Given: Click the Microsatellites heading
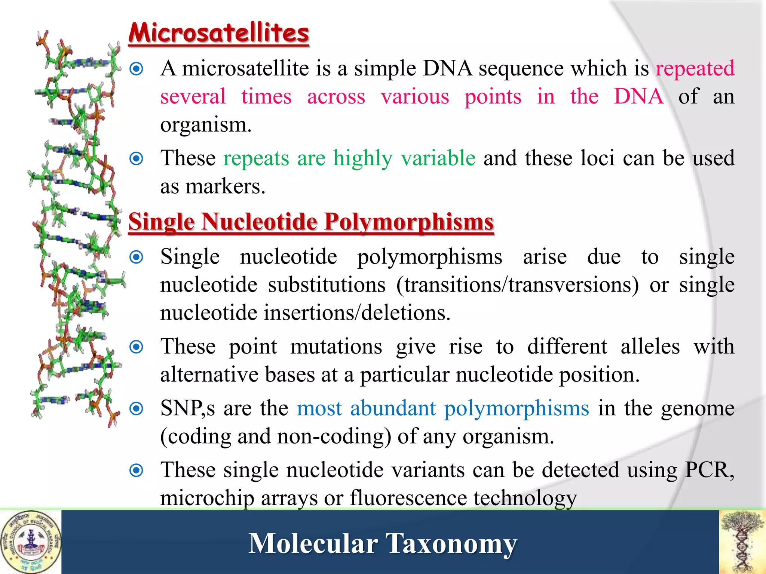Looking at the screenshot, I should pos(219,33).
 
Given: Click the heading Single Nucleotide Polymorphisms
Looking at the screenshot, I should pos(311,222).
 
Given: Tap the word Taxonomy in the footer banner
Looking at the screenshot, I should pos(451,544).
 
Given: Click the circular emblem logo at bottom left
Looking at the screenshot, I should pos(31,542).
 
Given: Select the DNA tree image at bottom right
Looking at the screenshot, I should pos(742,542).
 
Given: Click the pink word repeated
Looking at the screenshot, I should pos(695,68).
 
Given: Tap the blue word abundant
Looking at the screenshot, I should pos(393,408).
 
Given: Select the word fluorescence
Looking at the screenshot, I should pos(408,498).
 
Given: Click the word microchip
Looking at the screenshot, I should pos(207,498).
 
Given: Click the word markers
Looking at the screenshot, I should pos(225,186).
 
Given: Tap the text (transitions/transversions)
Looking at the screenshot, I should pos(518,285).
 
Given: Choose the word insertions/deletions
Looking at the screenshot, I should pos(357,313).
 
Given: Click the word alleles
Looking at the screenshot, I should pos(650,347).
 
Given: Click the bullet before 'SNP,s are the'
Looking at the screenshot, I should pos(137,408).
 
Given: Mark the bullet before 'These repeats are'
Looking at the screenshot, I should pos(137,158).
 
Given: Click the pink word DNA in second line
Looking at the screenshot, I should pos(639,96).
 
